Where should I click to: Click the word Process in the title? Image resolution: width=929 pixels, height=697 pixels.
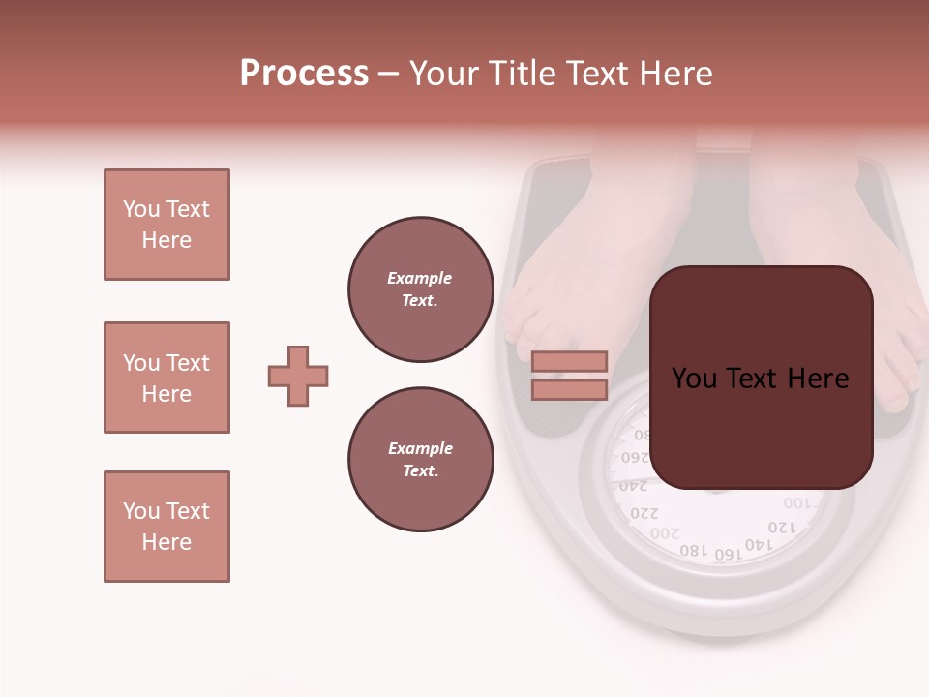click(304, 74)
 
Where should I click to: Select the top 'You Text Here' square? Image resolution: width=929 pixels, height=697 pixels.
click(166, 225)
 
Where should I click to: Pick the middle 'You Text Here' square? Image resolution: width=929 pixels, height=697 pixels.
click(166, 378)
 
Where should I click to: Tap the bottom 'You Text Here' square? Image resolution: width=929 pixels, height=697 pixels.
click(166, 527)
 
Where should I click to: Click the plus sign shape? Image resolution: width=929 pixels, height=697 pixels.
click(298, 376)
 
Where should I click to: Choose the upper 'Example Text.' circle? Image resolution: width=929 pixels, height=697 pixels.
click(420, 289)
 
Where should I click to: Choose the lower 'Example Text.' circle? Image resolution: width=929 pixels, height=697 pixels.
click(420, 460)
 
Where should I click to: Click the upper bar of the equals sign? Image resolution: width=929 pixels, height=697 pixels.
click(569, 361)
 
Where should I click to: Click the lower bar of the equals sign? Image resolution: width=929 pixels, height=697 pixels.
click(569, 389)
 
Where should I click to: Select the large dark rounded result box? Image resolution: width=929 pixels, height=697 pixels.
click(761, 378)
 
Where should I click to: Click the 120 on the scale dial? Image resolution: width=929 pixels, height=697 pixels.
click(782, 528)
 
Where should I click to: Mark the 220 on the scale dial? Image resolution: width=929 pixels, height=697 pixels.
click(644, 512)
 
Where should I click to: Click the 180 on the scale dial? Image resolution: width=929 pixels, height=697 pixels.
click(694, 550)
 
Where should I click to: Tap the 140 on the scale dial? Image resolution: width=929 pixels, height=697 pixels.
click(759, 545)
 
